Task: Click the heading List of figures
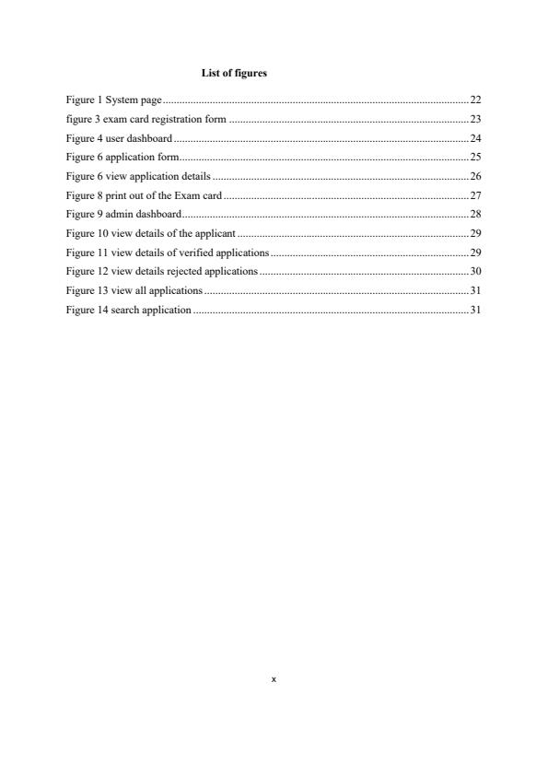pyautogui.click(x=234, y=73)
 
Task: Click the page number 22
pyautogui.click(x=475, y=99)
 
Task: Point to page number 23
pyautogui.click(x=475, y=118)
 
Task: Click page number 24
pyautogui.click(x=475, y=137)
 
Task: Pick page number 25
pyautogui.click(x=475, y=157)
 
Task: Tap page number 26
pyautogui.click(x=475, y=176)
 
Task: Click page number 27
pyautogui.click(x=475, y=195)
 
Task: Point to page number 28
pyautogui.click(x=475, y=214)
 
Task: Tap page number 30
pyautogui.click(x=475, y=272)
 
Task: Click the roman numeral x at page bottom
pyautogui.click(x=274, y=680)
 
